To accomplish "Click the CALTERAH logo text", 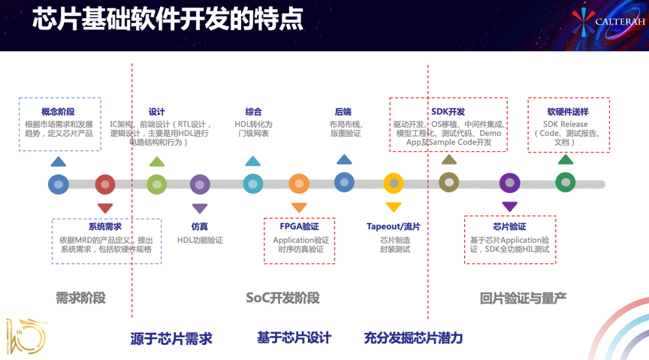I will (619, 22).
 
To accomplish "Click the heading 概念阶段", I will (59, 112).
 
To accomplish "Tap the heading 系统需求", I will (105, 226).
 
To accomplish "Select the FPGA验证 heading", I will (299, 226).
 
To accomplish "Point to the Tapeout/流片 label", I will (394, 226).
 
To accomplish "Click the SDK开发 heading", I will (448, 112).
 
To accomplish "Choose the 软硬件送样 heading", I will (568, 112).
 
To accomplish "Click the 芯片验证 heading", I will (509, 226).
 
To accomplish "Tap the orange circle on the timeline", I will (299, 183).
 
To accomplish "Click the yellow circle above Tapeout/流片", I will (394, 183).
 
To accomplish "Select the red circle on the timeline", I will (105, 183).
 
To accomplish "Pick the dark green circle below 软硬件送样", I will (566, 183).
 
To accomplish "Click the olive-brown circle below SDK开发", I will (449, 183).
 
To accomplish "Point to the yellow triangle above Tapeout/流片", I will (394, 207).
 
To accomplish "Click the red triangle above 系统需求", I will (105, 208).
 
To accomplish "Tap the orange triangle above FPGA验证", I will (299, 207).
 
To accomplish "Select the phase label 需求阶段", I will (81, 298).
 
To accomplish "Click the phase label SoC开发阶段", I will (283, 298).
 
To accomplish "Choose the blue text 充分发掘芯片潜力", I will (413, 338).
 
